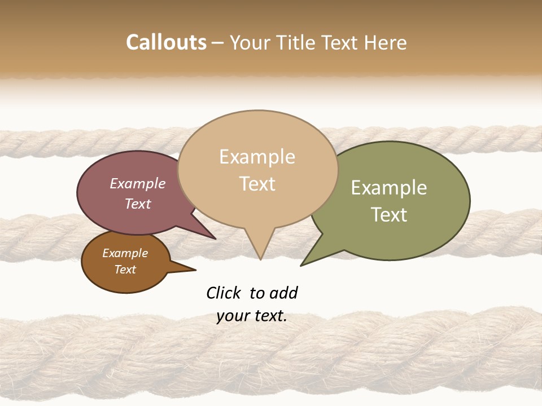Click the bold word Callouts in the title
[x=166, y=42]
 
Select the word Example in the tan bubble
[x=257, y=157]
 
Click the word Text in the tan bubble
[x=257, y=184]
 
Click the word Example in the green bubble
[x=389, y=188]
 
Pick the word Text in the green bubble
[x=389, y=215]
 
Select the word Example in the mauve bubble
[x=137, y=183]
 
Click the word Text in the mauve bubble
[x=137, y=204]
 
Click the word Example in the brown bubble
[x=125, y=253]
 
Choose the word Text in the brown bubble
[x=125, y=270]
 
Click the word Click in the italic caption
[x=225, y=293]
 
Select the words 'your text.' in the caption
[x=251, y=316]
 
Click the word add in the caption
[x=283, y=293]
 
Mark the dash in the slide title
[x=218, y=43]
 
